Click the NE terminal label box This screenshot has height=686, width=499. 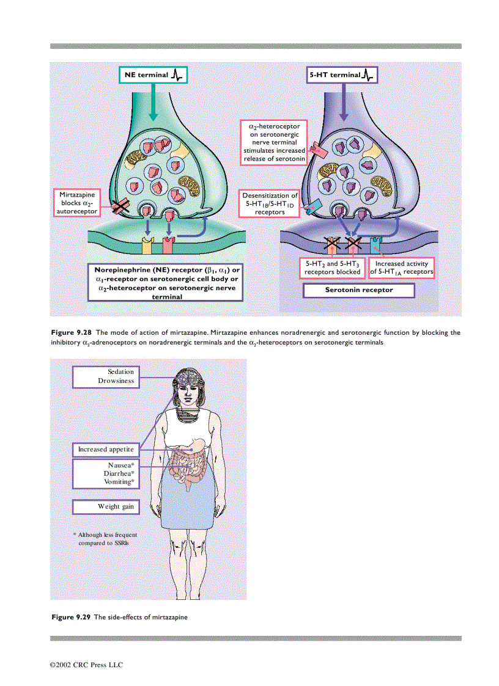pyautogui.click(x=153, y=75)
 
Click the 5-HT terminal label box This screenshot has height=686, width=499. pyautogui.click(x=342, y=75)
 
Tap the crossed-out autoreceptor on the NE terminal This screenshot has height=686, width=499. pyautogui.click(x=119, y=208)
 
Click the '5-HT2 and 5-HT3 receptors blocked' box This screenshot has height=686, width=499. pyautogui.click(x=333, y=268)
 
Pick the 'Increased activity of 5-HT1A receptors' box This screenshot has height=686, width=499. pyautogui.click(x=402, y=268)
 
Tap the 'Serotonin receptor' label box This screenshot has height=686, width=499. pyautogui.click(x=358, y=290)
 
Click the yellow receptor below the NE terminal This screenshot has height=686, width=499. pyautogui.click(x=147, y=246)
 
